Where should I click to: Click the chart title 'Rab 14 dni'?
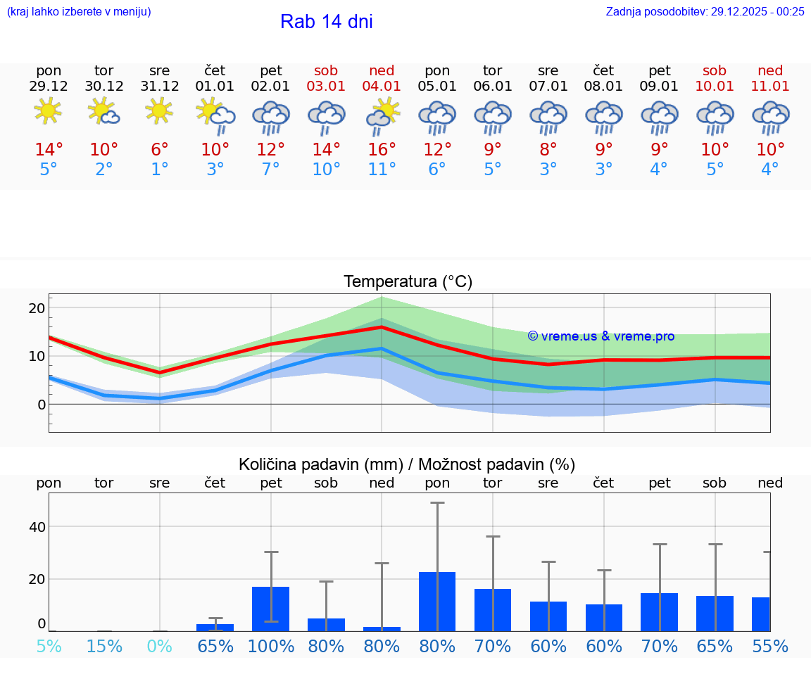pos(326,22)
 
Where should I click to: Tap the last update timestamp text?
pos(705,11)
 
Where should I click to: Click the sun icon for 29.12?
pos(48,111)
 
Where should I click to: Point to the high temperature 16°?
pos(382,150)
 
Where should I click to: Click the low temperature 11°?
pos(382,170)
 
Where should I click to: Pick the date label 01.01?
pos(215,87)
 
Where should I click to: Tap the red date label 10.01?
pos(715,87)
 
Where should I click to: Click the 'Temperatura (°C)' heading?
pos(408,281)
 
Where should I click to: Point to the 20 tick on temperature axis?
pos(37,308)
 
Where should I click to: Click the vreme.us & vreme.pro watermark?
pos(601,336)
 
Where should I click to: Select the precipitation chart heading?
pos(406,464)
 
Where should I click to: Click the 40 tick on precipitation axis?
pos(37,527)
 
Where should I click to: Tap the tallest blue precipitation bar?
pos(437,601)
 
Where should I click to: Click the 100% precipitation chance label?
pos(270,646)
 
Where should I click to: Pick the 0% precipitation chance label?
pos(160,646)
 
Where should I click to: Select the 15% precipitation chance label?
pos(104,646)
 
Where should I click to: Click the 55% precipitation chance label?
pos(770,646)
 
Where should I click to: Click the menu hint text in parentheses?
pos(79,11)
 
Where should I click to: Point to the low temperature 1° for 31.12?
pos(160,170)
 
